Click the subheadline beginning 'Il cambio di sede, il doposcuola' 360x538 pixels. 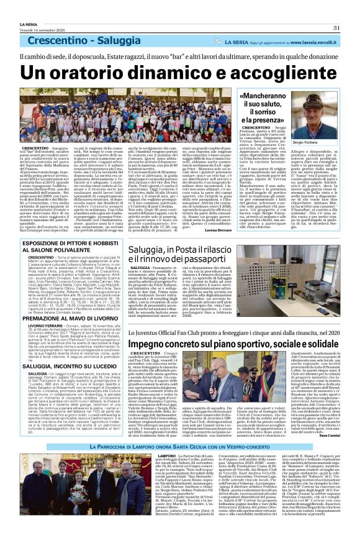coord(180,56)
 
